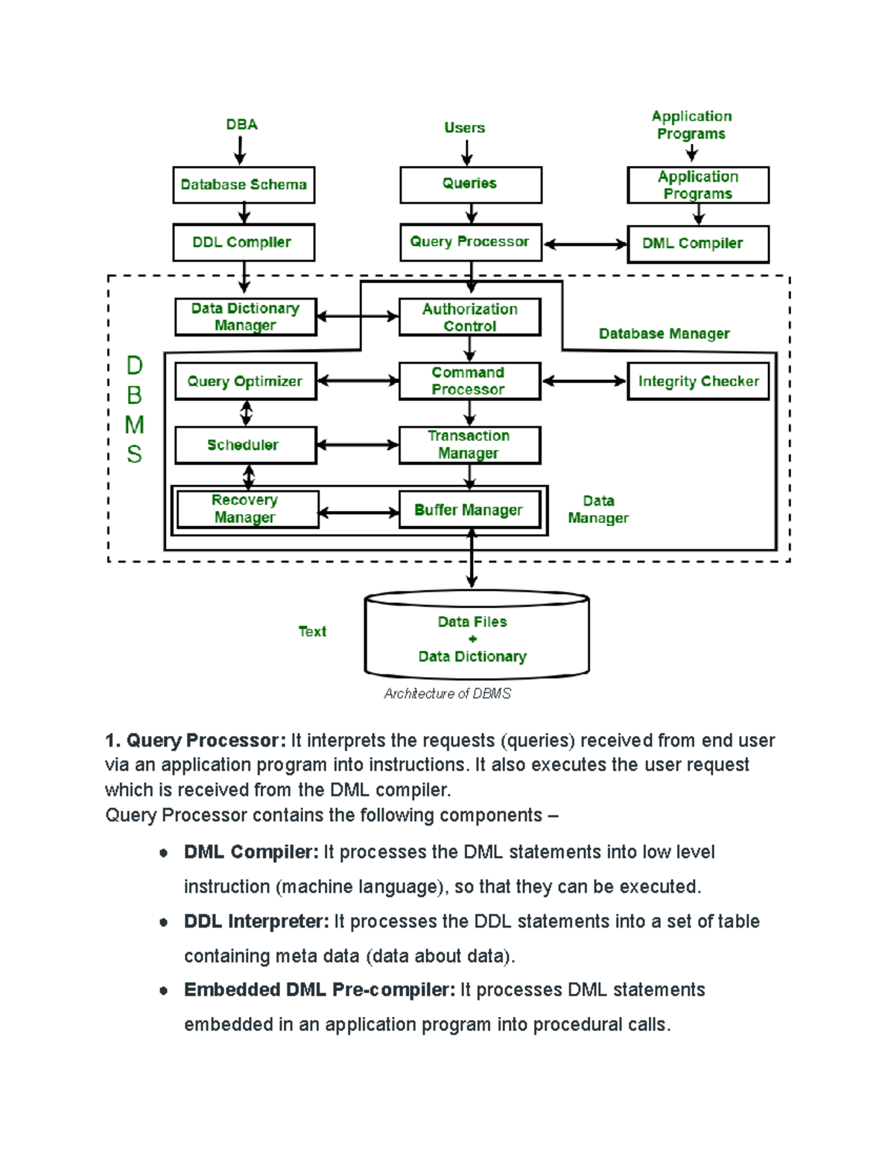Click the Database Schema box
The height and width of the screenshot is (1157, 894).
(x=244, y=185)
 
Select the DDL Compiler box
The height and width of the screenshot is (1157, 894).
(x=244, y=242)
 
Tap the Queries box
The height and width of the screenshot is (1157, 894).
(x=470, y=184)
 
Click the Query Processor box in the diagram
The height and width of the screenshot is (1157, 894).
(x=470, y=242)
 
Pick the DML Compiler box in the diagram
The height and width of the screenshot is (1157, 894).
(x=697, y=244)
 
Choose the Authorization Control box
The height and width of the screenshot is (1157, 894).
(x=469, y=317)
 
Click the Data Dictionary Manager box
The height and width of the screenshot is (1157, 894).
(x=245, y=317)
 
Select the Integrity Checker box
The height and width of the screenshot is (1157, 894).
(x=697, y=381)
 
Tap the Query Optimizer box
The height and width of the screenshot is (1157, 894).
(x=245, y=381)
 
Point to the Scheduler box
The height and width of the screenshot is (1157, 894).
(x=245, y=446)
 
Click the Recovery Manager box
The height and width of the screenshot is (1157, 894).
(x=247, y=509)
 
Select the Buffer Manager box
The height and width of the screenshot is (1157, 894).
(x=469, y=510)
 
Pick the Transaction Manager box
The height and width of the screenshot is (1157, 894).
(x=469, y=445)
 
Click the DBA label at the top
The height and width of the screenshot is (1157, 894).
(x=241, y=124)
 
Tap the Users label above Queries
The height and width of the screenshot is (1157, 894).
(x=464, y=128)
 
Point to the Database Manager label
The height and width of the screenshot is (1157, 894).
(x=664, y=334)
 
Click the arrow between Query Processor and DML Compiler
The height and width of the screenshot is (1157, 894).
(x=585, y=244)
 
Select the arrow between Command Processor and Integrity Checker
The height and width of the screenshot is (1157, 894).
(x=584, y=381)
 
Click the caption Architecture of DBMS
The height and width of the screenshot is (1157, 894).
(x=447, y=694)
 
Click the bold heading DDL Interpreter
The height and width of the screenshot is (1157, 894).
(x=256, y=922)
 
